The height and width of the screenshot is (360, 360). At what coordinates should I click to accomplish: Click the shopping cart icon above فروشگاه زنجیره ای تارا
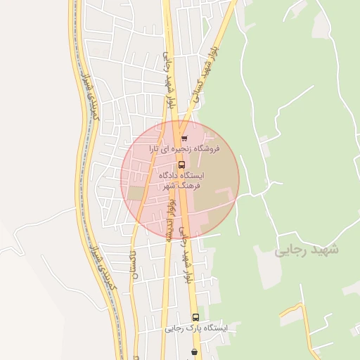tap(184, 139)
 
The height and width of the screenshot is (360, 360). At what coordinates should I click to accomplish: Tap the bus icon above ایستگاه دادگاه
tap(181, 165)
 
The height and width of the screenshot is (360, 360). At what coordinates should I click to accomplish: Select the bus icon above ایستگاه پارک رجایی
tap(195, 317)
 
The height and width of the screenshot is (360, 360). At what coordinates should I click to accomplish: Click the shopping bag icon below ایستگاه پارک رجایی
tap(194, 351)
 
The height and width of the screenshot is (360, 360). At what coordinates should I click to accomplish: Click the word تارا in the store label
tap(153, 149)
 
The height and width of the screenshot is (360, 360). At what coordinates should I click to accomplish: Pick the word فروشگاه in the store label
tap(207, 149)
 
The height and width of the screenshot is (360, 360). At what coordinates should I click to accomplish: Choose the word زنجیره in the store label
tap(178, 149)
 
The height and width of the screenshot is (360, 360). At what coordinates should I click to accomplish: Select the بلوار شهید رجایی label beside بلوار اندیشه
tap(186, 253)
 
